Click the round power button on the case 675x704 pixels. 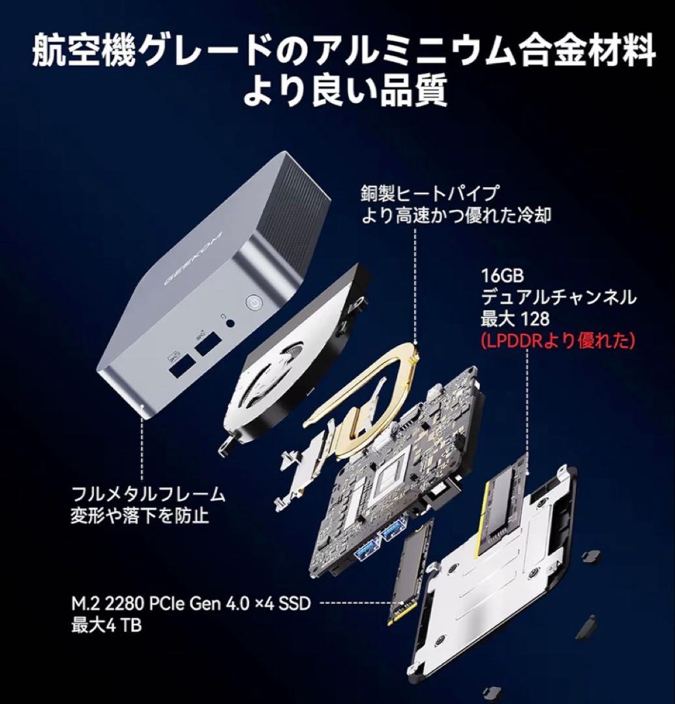[253, 302]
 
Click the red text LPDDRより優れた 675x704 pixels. [557, 341]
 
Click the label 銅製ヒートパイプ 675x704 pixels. [430, 193]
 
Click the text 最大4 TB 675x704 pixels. [106, 625]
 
